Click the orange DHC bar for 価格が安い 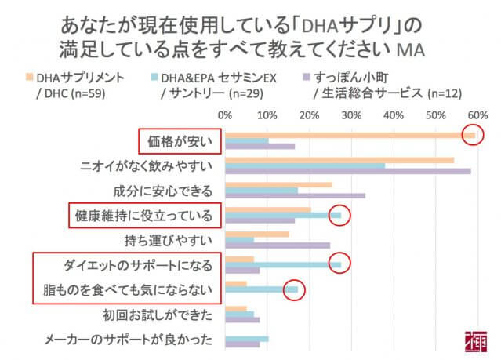point(349,135)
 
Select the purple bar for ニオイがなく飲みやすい point(347,171)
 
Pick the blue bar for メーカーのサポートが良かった point(246,339)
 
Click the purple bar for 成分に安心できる point(295,196)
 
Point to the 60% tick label point(477,115)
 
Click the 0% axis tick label point(226,115)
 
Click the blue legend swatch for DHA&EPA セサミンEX point(154,78)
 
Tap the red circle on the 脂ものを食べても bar point(293,289)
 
